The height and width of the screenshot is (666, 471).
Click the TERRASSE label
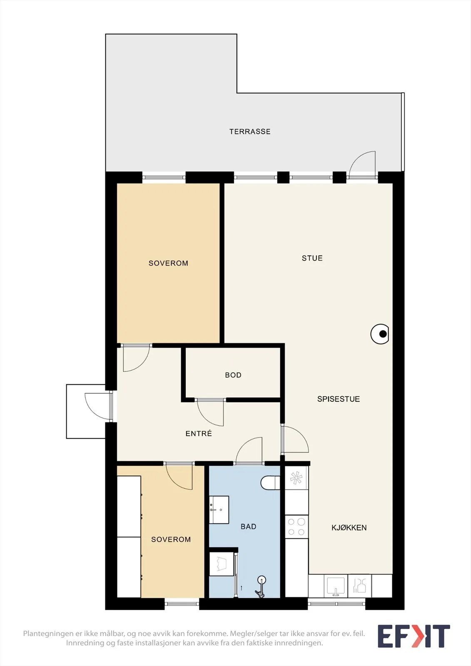pyautogui.click(x=249, y=132)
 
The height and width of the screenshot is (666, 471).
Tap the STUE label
pyautogui.click(x=312, y=258)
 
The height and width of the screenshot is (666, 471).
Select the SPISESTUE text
pyautogui.click(x=338, y=399)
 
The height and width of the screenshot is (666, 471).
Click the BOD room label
pyautogui.click(x=233, y=375)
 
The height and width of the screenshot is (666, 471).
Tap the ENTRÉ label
pyautogui.click(x=199, y=433)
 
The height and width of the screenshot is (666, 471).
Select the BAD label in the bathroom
pyautogui.click(x=248, y=527)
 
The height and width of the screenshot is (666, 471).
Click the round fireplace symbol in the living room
pyautogui.click(x=380, y=334)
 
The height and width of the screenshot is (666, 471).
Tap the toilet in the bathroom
pyautogui.click(x=270, y=482)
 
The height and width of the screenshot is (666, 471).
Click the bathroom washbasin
pyautogui.click(x=219, y=509)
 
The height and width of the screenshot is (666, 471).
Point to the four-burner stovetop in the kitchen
pyautogui.click(x=297, y=527)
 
